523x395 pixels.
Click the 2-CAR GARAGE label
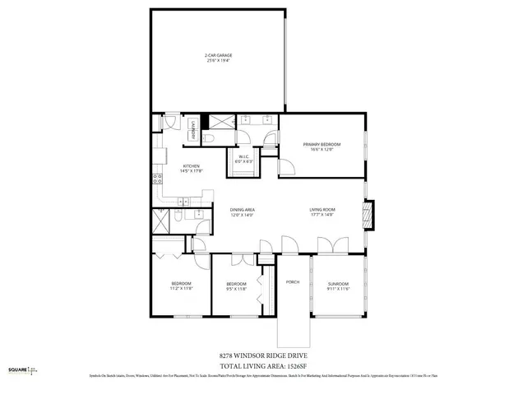tap(217, 56)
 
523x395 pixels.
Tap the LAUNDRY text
tap(192, 130)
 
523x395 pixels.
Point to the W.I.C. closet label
tap(244, 157)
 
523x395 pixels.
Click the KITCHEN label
tap(192, 167)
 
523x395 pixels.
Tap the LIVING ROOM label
tap(321, 210)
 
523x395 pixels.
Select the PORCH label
tap(291, 282)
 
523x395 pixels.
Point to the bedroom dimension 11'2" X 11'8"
tap(181, 289)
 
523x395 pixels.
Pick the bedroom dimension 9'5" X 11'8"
tap(236, 289)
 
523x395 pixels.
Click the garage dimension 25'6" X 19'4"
tap(217, 61)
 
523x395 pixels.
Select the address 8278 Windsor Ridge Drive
tap(261, 354)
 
